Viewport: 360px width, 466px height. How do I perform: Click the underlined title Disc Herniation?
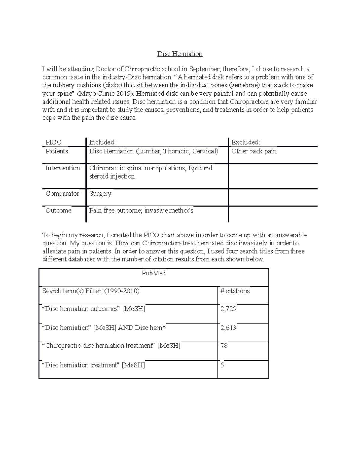pyautogui.click(x=180, y=54)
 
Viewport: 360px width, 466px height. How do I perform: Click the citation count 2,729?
pyautogui.click(x=229, y=308)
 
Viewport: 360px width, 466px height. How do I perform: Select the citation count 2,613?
pyautogui.click(x=229, y=328)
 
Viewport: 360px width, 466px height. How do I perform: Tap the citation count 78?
pyautogui.click(x=224, y=345)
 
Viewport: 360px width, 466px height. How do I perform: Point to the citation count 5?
pyautogui.click(x=222, y=365)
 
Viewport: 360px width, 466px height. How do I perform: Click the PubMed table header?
pyautogui.click(x=153, y=273)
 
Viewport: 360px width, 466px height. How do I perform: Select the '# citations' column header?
pyautogui.click(x=235, y=291)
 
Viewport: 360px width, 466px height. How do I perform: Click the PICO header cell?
pyautogui.click(x=53, y=142)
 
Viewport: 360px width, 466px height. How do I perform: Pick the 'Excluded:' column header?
pyautogui.click(x=246, y=142)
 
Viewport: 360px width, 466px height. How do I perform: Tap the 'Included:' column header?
pyautogui.click(x=102, y=142)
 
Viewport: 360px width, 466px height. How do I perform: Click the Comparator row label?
pyautogui.click(x=62, y=194)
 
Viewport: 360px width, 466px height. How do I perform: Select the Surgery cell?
pyautogui.click(x=100, y=194)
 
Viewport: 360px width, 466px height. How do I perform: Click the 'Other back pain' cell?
pyautogui.click(x=254, y=151)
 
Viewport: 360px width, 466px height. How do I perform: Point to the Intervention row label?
pyautogui.click(x=63, y=168)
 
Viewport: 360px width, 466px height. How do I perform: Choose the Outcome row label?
pyautogui.click(x=58, y=210)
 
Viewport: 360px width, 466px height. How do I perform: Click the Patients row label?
pyautogui.click(x=57, y=151)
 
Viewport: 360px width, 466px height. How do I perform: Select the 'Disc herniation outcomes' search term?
pyautogui.click(x=82, y=309)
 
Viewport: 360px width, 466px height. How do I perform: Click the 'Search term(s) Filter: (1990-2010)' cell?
pyautogui.click(x=91, y=291)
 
